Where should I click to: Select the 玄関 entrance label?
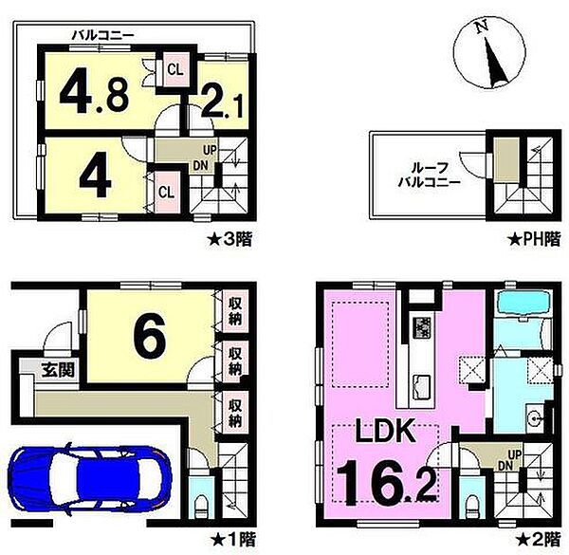coord(58,370)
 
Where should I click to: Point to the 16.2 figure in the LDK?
coord(387,483)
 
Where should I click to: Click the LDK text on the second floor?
coord(385,430)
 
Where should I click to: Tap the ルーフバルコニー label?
coord(430,175)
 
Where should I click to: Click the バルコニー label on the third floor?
coord(103,35)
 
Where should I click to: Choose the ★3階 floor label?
coord(229,240)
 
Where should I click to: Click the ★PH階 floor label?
coord(534,240)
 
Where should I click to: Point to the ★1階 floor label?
coord(233,540)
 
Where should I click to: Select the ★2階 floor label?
coord(539,539)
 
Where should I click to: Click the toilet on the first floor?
coord(201,507)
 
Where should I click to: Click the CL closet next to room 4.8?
coord(175,69)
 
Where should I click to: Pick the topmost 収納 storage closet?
coord(235,311)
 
